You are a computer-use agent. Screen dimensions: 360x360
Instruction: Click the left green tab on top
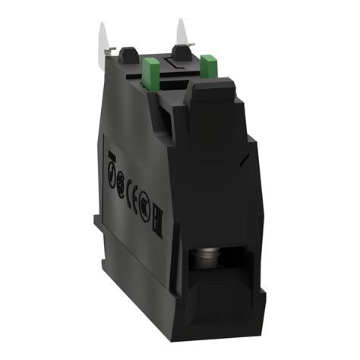(x=150, y=73)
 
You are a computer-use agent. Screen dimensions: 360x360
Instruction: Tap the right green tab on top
(x=210, y=68)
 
